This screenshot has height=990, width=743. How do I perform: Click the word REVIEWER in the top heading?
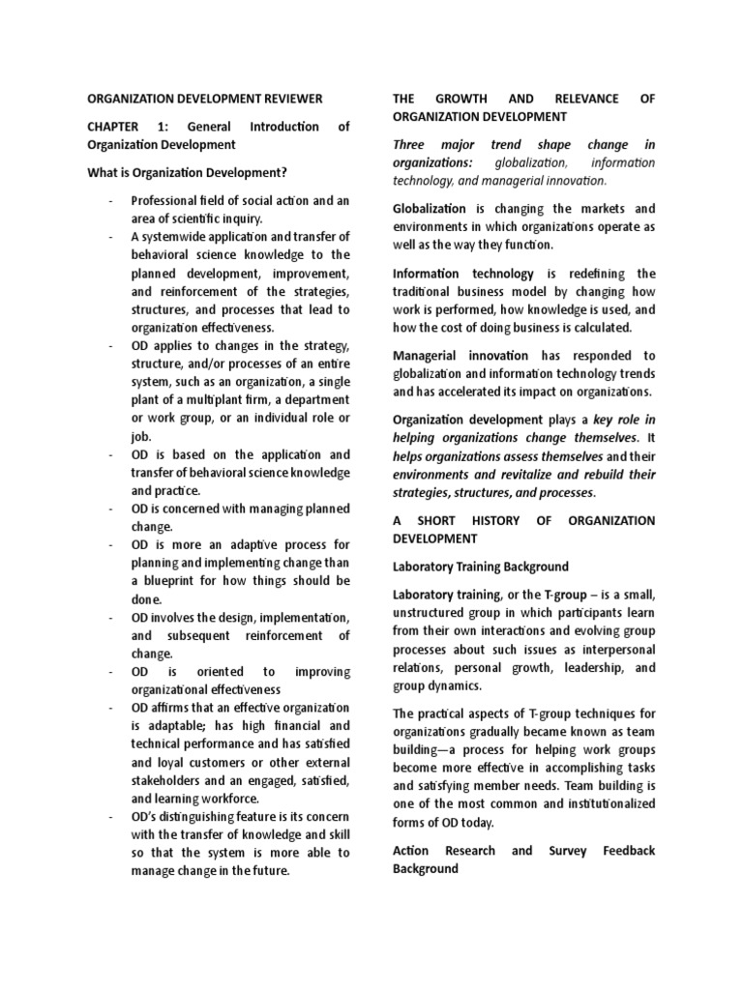286,99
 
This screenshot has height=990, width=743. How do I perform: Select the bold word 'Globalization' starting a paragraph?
429,209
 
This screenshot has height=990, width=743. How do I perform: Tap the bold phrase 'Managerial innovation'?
460,356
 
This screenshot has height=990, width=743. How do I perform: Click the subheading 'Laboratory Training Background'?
480,566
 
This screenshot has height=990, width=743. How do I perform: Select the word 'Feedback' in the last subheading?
628,851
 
